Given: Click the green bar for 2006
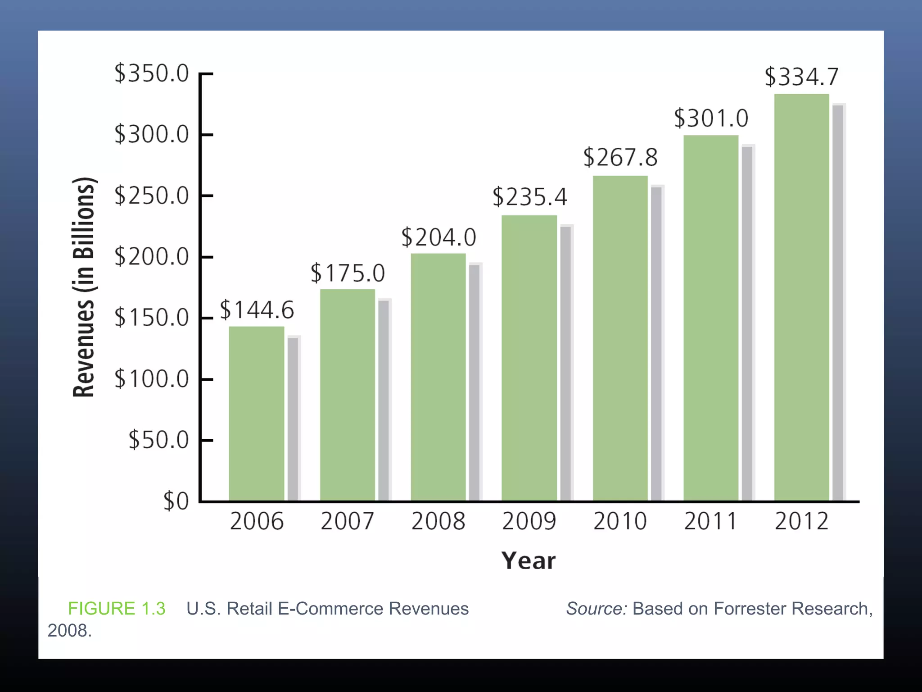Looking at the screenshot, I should [257, 413].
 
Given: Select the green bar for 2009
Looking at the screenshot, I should [529, 358].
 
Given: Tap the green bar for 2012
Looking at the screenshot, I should [801, 297].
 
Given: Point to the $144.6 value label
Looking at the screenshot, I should [257, 310].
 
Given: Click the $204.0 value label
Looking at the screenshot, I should [438, 237].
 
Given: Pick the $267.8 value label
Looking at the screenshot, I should [620, 158].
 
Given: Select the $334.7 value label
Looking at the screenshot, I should [801, 77].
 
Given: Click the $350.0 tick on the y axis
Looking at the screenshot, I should [151, 73].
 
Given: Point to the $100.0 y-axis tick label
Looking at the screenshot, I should [151, 379].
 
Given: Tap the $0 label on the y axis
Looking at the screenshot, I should [176, 501].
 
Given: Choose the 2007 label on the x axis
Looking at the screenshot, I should [347, 522].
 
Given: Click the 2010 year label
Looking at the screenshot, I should [620, 522].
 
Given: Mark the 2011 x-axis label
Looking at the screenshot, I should [710, 522].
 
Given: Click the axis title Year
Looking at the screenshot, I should [529, 561].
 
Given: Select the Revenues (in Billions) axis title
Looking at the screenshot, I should [84, 287].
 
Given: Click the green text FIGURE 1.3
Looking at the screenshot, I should [117, 609].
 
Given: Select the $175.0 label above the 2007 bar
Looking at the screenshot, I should [348, 273].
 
